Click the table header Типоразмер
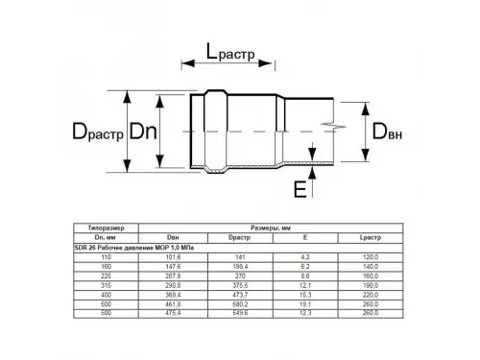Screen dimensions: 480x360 point(106,228)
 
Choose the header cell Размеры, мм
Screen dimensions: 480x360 point(271,228)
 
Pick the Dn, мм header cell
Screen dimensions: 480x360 point(106,237)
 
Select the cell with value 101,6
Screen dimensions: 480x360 point(173,256)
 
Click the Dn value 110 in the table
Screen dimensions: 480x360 point(106,256)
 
